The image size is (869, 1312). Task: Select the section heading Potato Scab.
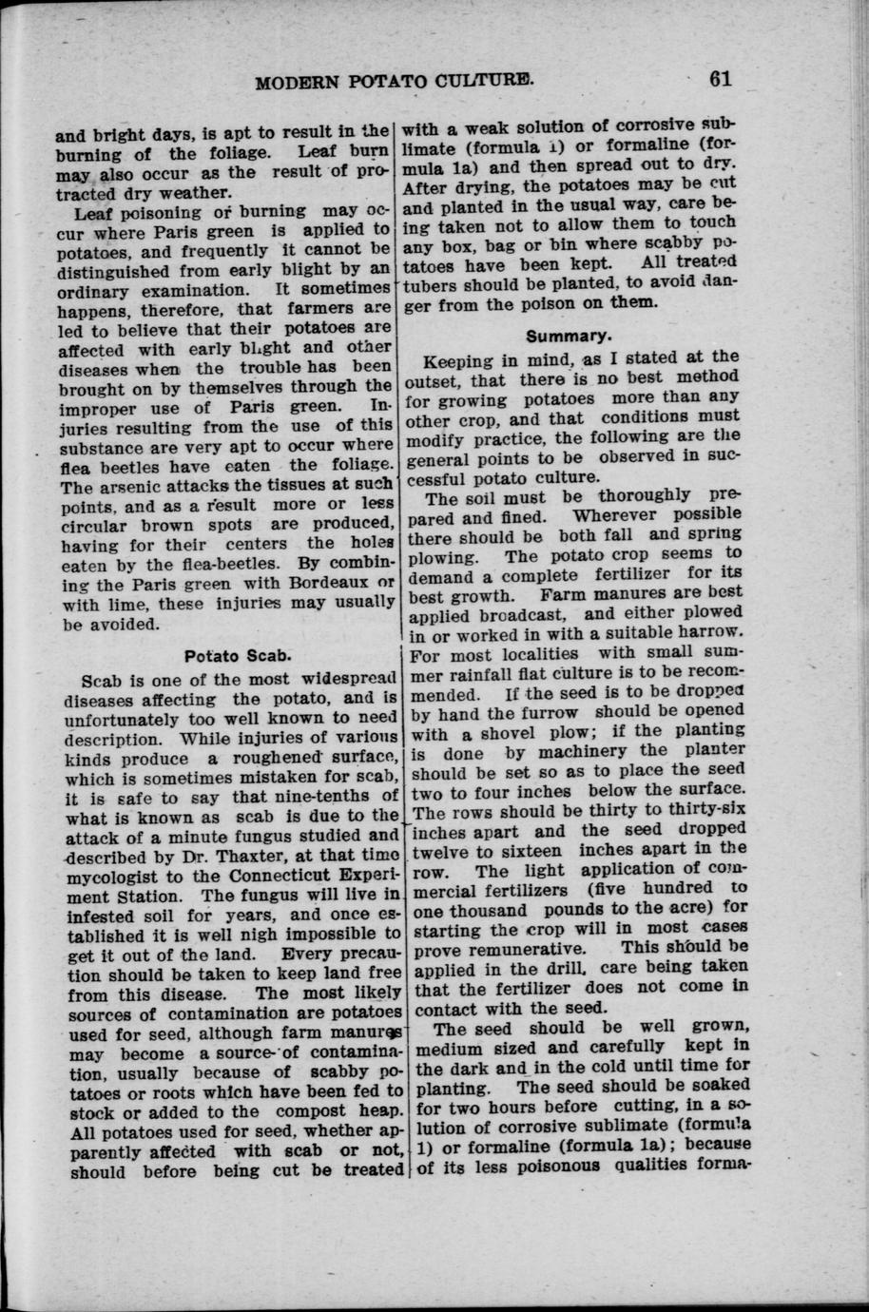click(x=237, y=655)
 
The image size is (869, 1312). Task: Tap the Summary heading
click(x=570, y=335)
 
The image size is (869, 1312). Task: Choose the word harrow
click(x=703, y=633)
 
